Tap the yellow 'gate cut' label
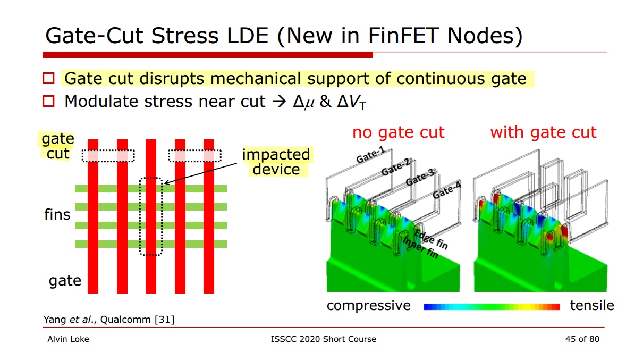click(58, 146)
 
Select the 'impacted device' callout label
click(276, 162)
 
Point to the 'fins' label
click(57, 215)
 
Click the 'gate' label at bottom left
click(65, 280)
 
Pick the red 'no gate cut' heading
click(398, 132)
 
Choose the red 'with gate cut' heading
click(543, 132)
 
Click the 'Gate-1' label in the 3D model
click(370, 155)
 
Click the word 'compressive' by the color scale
click(368, 306)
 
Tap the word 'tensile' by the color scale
click(592, 306)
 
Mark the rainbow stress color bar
click(492, 307)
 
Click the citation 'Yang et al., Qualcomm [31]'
click(108, 320)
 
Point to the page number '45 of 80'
click(582, 339)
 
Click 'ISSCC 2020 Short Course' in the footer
click(323, 339)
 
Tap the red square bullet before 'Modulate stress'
click(49, 101)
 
